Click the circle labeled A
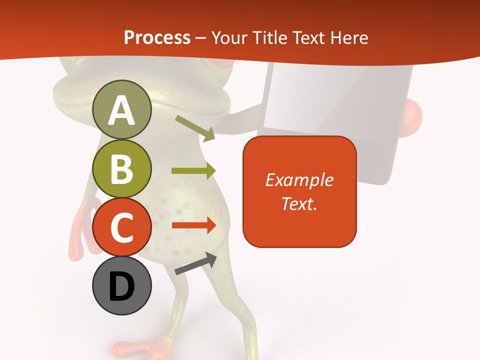tap(121, 109)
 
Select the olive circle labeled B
tap(121, 169)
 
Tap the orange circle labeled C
tap(121, 227)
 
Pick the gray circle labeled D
tap(121, 286)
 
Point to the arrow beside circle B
tap(193, 170)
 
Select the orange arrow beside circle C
tap(193, 225)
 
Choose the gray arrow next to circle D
tap(196, 264)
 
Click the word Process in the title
tap(157, 37)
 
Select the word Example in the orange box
tap(299, 180)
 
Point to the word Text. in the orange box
tap(299, 203)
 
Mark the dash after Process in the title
tap(200, 38)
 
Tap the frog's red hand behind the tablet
tap(413, 116)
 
